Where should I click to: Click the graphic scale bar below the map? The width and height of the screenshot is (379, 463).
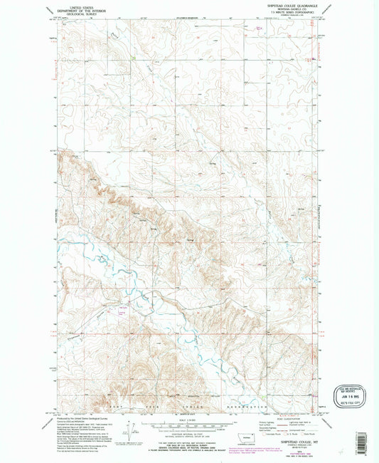point(188,426)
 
